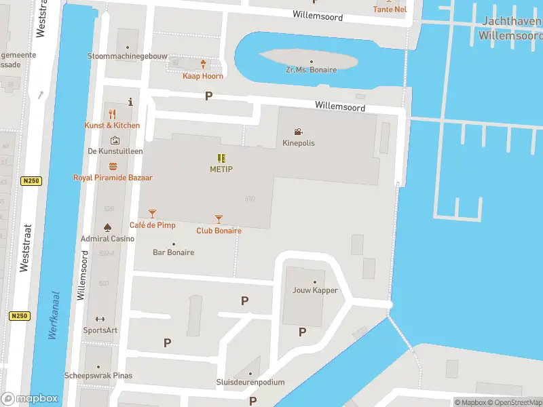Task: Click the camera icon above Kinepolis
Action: click(x=298, y=132)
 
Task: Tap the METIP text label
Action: click(x=221, y=169)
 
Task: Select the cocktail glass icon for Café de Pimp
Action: click(x=152, y=214)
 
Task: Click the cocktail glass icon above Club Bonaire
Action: click(x=219, y=219)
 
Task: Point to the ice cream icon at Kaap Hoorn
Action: click(x=203, y=64)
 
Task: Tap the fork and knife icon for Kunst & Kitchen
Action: click(x=113, y=114)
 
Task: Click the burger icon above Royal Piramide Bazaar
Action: click(x=113, y=166)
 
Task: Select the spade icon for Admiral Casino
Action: click(x=107, y=227)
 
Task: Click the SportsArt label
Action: click(x=100, y=330)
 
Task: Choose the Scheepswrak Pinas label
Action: click(x=98, y=376)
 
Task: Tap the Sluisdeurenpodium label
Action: click(x=250, y=383)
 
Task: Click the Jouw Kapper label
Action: click(x=315, y=290)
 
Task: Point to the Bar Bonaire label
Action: click(x=173, y=252)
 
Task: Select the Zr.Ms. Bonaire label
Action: click(x=311, y=70)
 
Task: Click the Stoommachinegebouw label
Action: click(x=127, y=56)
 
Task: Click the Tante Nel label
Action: click(x=390, y=9)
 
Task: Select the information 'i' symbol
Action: click(x=130, y=102)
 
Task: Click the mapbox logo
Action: click(x=30, y=399)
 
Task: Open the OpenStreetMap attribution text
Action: click(x=513, y=402)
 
